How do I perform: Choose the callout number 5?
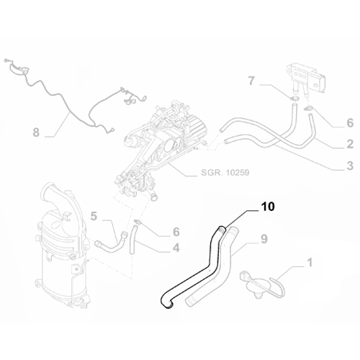tap(94, 215)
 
